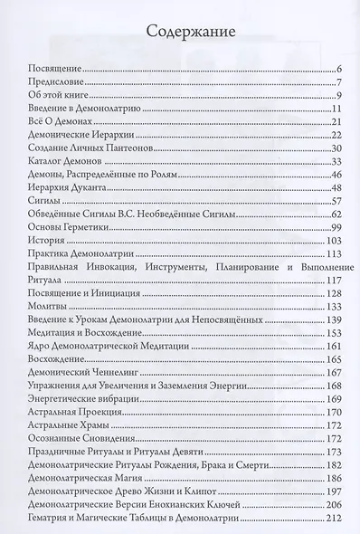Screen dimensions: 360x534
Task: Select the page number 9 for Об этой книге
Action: point(335,96)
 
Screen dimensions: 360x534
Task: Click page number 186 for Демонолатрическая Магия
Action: point(331,477)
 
